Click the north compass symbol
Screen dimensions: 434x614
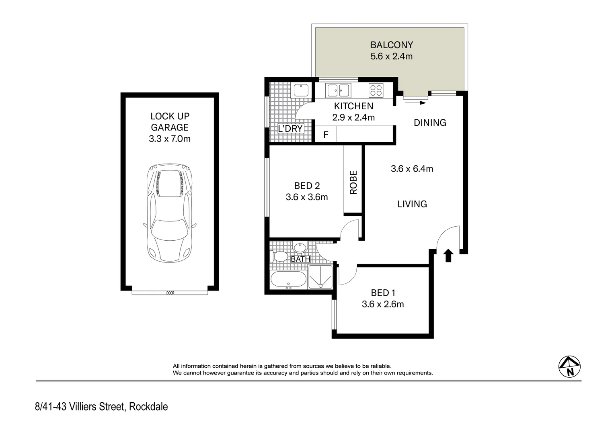569,366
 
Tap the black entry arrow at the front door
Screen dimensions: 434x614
449,256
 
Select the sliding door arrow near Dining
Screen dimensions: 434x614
415,103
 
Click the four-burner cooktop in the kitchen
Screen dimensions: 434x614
376,90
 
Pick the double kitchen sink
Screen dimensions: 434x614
338,90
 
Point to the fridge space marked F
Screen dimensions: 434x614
326,135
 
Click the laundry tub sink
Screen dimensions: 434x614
300,90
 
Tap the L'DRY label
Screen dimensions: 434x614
290,129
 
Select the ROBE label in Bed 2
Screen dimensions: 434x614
353,182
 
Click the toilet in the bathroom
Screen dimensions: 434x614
280,256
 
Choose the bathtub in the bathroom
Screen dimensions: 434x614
288,280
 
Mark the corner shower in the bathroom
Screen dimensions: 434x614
320,277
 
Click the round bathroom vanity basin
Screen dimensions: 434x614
300,248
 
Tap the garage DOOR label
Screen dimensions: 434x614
170,293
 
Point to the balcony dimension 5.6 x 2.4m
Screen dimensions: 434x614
391,56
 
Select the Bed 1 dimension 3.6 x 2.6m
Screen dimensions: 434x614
382,304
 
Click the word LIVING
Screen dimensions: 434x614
412,204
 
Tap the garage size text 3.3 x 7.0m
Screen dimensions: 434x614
169,139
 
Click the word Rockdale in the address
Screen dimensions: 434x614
148,407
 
